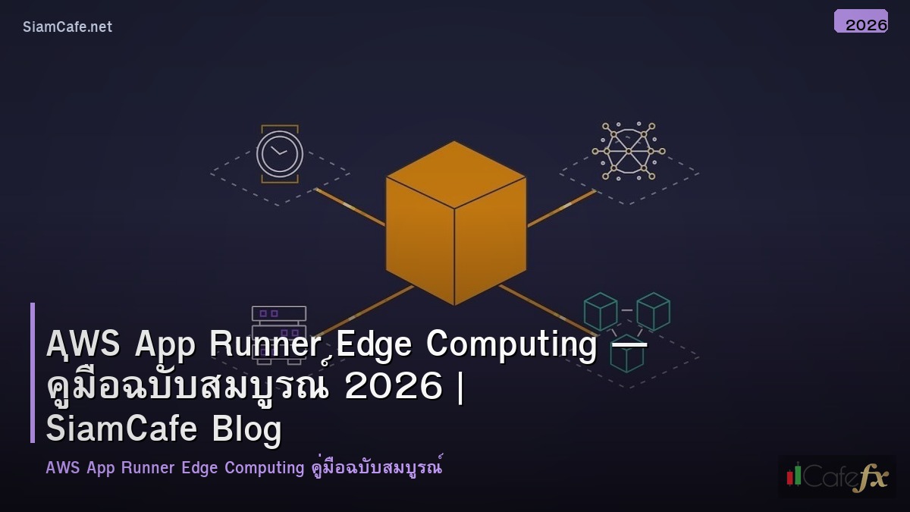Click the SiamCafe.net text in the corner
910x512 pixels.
67,27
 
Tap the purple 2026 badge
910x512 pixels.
861,21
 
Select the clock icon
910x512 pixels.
279,153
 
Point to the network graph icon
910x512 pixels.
629,151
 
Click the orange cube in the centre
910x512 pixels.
455,224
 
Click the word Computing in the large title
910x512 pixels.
511,344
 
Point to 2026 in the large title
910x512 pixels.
393,387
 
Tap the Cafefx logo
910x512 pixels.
836,476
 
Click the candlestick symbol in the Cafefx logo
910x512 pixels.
794,474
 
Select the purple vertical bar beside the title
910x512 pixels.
33,372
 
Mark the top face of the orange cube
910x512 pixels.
456,174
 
